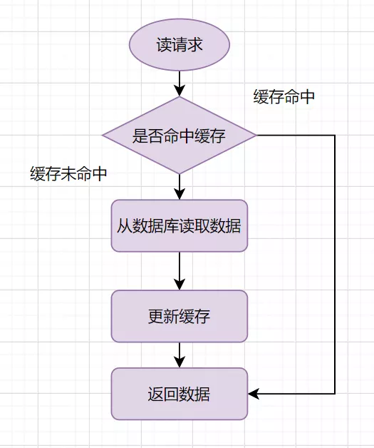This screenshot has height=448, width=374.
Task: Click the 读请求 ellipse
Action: (180, 45)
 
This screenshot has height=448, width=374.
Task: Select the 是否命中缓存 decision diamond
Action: (180, 136)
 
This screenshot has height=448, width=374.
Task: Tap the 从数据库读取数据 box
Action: (180, 226)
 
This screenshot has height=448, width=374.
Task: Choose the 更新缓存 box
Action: (180, 316)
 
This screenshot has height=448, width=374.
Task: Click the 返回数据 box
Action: (180, 394)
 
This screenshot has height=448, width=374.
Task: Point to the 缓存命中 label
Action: (284, 97)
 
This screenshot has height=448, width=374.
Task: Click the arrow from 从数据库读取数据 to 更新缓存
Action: (180, 271)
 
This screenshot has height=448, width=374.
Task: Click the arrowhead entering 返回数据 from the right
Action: (254, 394)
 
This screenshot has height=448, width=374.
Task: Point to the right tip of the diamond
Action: (256, 136)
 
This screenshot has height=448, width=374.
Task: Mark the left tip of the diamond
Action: (103, 136)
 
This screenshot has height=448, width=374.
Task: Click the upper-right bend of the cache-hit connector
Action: (334, 136)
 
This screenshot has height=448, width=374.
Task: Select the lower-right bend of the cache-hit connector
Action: (334, 394)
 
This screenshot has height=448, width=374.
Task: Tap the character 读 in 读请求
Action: (164, 45)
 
